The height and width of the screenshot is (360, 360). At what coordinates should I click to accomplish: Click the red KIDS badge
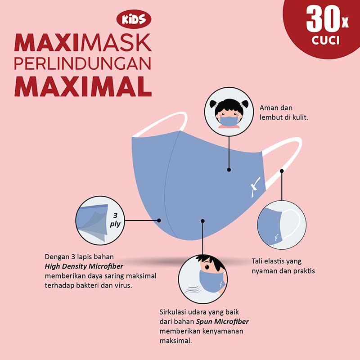pyautogui.click(x=134, y=19)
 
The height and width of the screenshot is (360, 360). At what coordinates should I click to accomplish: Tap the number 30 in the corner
pyautogui.click(x=323, y=19)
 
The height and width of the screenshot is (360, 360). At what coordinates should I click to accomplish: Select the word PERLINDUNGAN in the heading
pyautogui.click(x=83, y=63)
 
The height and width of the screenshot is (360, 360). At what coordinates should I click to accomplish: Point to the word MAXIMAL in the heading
pyautogui.click(x=83, y=86)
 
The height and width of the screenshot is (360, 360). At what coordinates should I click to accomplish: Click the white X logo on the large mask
pyautogui.click(x=255, y=187)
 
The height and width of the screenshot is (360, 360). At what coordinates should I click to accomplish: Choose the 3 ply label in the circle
pyautogui.click(x=115, y=220)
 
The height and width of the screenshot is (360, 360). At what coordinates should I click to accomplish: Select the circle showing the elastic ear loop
pyautogui.click(x=282, y=225)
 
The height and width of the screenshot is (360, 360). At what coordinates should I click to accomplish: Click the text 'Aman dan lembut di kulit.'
pyautogui.click(x=284, y=112)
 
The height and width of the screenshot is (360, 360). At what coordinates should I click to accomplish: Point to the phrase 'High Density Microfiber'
pyautogui.click(x=84, y=266)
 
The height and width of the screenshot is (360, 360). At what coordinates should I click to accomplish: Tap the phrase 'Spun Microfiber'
pyautogui.click(x=222, y=322)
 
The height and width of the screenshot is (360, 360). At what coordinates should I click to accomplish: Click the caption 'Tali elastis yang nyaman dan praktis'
pyautogui.click(x=283, y=266)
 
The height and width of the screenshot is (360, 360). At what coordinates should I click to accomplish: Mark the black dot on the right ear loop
pyautogui.click(x=282, y=171)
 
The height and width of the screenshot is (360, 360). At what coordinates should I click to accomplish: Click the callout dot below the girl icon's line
pyautogui.click(x=229, y=170)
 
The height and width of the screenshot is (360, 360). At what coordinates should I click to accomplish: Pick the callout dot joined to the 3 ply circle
pyautogui.click(x=159, y=220)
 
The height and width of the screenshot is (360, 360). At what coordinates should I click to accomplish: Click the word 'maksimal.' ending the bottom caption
pyautogui.click(x=175, y=341)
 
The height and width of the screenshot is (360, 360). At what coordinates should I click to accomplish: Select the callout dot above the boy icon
pyautogui.click(x=202, y=221)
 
